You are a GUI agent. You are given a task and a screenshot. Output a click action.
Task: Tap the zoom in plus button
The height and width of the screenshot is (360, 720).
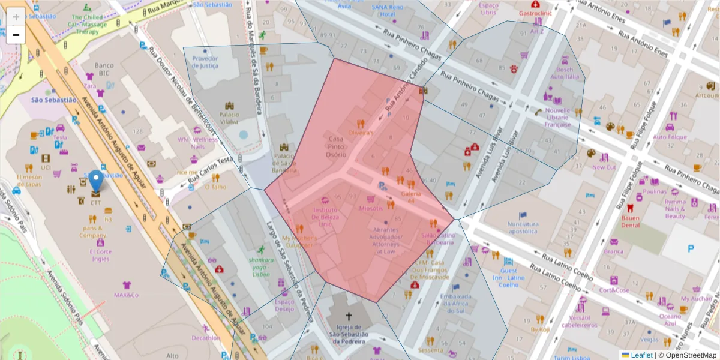pos(16,17)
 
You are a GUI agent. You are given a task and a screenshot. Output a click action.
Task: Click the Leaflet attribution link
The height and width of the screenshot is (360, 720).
pos(641,355)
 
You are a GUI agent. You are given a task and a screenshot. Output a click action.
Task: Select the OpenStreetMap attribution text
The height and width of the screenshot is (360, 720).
pos(690,355)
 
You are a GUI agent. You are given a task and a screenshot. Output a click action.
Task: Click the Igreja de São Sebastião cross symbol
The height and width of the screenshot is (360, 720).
pos(348,316)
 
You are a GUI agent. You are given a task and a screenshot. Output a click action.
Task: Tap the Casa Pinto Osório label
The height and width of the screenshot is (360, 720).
pos(336,146)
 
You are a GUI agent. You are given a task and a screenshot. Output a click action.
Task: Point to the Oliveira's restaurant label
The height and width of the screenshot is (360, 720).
pos(361,133)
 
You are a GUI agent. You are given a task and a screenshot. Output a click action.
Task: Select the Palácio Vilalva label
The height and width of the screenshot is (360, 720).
pos(229,118)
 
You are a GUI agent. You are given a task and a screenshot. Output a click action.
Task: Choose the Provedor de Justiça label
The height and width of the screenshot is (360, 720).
pos(205,62)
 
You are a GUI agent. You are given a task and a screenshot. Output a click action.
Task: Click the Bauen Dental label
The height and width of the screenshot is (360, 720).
pos(630,221)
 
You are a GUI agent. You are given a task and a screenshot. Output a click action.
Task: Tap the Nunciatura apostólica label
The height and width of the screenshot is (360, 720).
pos(523,227)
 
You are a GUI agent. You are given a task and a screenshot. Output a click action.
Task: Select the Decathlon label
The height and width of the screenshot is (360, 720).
pos(206,338)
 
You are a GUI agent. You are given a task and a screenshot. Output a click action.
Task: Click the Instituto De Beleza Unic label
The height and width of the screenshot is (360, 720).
pos(325,217)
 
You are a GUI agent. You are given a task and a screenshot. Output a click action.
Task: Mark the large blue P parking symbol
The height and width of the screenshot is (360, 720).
pos(691,248)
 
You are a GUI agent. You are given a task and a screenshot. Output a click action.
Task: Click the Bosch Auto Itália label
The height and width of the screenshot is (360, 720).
pos(565,73)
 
